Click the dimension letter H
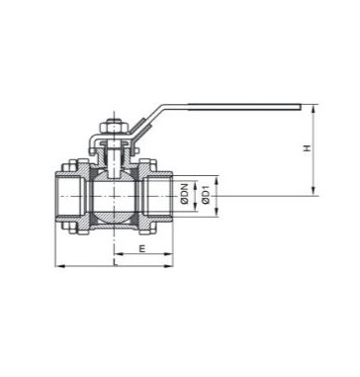click(x=308, y=148)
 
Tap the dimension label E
click(x=142, y=248)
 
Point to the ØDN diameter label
click(x=185, y=195)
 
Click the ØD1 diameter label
click(x=206, y=195)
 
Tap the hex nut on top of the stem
click(x=114, y=127)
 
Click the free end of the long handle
click(x=300, y=107)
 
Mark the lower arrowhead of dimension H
click(x=314, y=193)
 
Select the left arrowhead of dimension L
click(x=58, y=265)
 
